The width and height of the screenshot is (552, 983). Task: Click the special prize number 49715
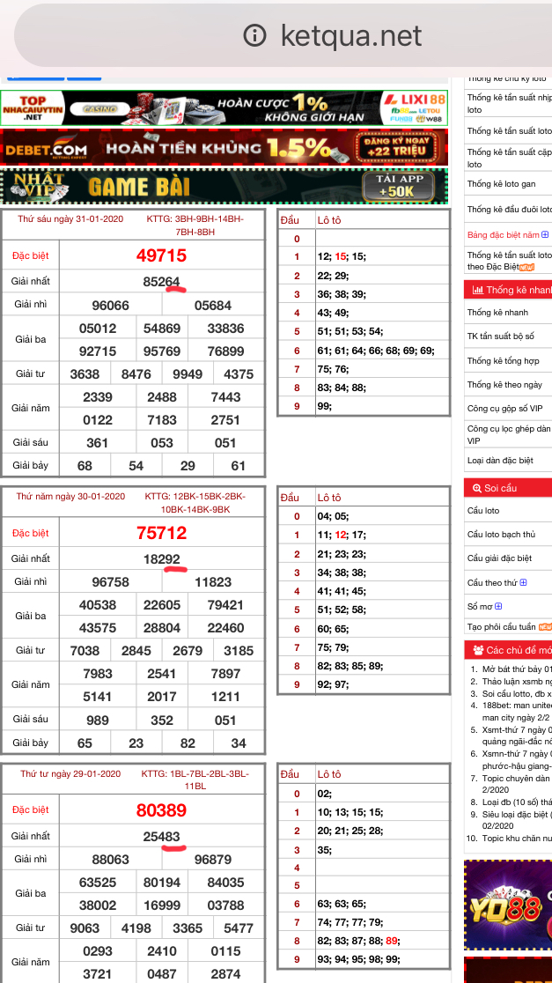161,255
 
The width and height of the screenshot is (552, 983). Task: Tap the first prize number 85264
161,282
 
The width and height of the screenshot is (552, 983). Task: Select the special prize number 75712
161,533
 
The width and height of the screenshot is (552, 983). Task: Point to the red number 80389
161,810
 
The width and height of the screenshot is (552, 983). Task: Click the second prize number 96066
110,306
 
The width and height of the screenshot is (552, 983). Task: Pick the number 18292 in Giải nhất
161,559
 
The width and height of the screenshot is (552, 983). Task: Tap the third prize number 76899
225,351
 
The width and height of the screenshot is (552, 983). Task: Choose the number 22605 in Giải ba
162,605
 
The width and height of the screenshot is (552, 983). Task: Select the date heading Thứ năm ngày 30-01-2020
70,497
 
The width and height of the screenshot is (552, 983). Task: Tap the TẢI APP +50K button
400,185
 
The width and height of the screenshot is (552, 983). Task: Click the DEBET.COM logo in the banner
46,149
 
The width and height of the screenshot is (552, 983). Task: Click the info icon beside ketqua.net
254,35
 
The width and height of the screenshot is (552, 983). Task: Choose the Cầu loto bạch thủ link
501,535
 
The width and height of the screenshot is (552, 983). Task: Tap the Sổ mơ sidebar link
480,607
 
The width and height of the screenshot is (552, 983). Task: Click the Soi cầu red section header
501,488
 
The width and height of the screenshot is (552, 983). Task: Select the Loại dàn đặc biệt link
500,461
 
